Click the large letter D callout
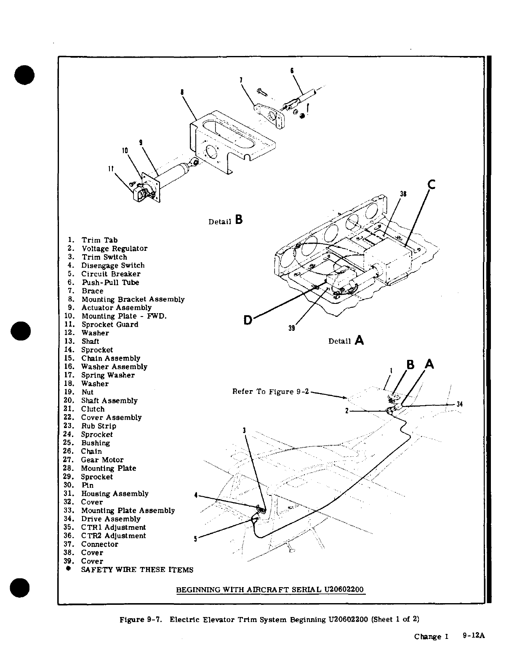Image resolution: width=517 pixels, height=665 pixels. coord(248,320)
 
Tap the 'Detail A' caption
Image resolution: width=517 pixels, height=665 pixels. coord(346,340)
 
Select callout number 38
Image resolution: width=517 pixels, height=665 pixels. coord(403,194)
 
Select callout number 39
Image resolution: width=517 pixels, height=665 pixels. coord(291,329)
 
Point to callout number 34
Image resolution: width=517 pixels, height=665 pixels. coord(460,404)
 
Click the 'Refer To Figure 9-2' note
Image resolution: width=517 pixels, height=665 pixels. coord(271,392)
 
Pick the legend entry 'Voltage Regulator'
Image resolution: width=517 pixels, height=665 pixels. coord(115,249)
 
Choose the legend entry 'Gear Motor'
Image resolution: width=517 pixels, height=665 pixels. coord(102,460)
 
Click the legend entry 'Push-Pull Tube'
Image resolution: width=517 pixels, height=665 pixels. coord(110,282)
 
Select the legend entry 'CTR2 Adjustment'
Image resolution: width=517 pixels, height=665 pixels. coord(113,536)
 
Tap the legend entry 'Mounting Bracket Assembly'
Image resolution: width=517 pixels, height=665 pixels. coord(133,299)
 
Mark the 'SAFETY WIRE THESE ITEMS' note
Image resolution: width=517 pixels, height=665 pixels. coord(137,570)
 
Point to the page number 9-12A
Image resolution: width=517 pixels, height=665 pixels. coord(474,636)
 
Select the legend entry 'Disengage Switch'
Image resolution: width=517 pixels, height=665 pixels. coord(113,266)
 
